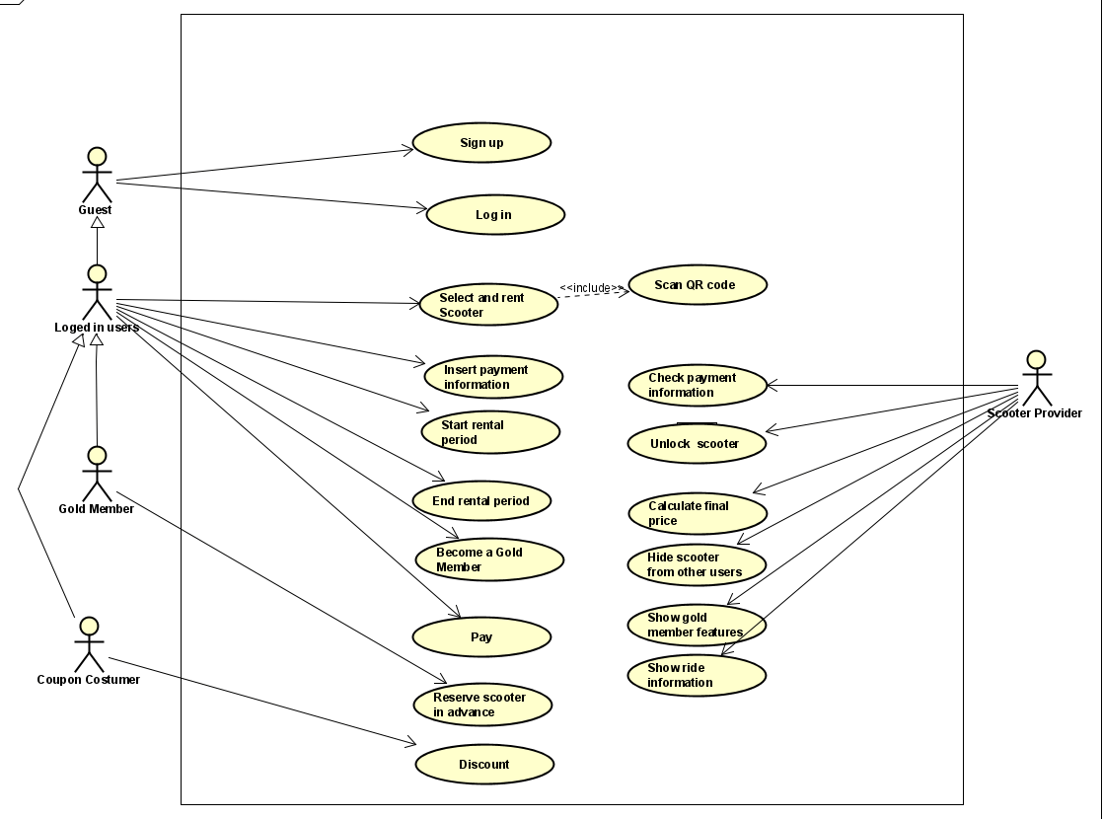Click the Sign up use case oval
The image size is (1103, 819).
pyautogui.click(x=480, y=143)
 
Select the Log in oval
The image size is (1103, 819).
pyautogui.click(x=494, y=215)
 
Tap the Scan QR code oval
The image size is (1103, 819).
pyautogui.click(x=696, y=285)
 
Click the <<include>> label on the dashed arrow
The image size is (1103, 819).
pyautogui.click(x=591, y=288)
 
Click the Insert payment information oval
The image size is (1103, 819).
pyautogui.click(x=492, y=377)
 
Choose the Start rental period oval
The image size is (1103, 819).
pyautogui.click(x=490, y=432)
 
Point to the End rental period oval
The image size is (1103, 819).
pyautogui.click(x=480, y=501)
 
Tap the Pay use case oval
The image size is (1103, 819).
pyautogui.click(x=480, y=637)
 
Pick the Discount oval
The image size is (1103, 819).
pyautogui.click(x=484, y=765)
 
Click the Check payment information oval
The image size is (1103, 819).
pyautogui.click(x=697, y=385)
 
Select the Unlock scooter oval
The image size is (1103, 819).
pyautogui.click(x=696, y=444)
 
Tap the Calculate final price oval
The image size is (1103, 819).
pyautogui.click(x=697, y=513)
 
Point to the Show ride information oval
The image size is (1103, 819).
pyautogui.click(x=697, y=675)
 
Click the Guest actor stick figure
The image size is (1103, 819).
pyautogui.click(x=97, y=175)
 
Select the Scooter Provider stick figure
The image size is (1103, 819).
pyautogui.click(x=1034, y=377)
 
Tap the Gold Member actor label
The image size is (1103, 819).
pyautogui.click(x=97, y=509)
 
